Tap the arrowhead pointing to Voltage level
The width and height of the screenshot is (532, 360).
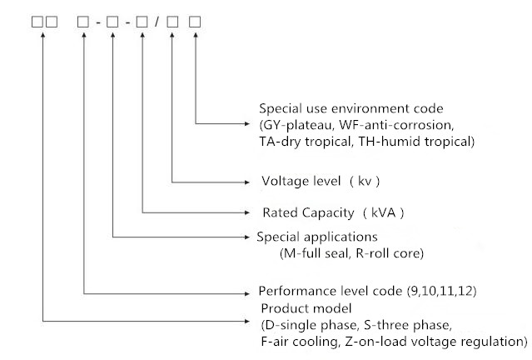[x=250, y=181]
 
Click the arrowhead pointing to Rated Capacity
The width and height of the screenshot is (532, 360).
[x=250, y=212]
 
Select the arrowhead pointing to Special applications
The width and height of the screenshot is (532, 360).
[x=250, y=237]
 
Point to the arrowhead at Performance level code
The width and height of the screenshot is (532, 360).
[x=250, y=293]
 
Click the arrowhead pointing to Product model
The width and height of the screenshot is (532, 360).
[x=250, y=321]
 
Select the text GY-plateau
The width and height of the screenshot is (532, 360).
[x=295, y=125]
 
